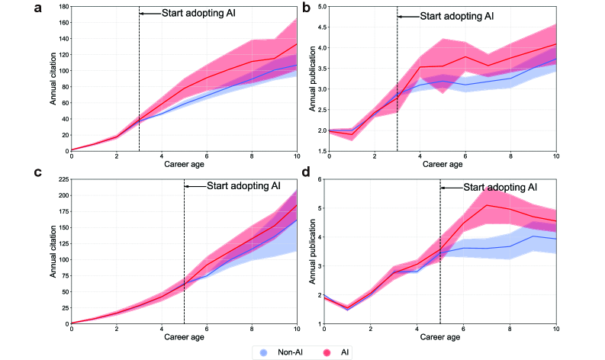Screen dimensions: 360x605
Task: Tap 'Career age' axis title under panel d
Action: (441, 336)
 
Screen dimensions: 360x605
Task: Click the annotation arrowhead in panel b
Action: (401, 16)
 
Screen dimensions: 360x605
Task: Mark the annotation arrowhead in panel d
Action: (444, 188)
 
